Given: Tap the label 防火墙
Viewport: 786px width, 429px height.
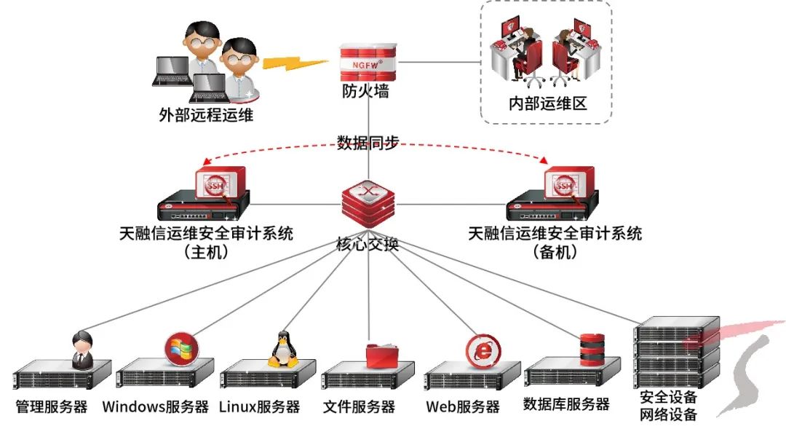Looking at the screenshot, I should click(x=365, y=91).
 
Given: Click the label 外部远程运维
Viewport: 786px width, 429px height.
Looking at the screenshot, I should click(x=207, y=114).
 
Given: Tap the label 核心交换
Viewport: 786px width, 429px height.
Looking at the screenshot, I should click(x=368, y=244).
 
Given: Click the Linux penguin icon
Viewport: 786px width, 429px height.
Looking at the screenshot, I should click(x=282, y=350).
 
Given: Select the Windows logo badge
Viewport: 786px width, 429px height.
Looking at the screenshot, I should click(x=179, y=348).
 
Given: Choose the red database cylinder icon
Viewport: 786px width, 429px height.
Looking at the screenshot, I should click(x=592, y=349).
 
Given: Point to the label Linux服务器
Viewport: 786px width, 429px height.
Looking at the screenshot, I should click(x=259, y=406).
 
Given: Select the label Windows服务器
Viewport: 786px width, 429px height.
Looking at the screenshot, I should click(x=156, y=406).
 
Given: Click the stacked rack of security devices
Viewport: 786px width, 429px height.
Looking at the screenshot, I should click(x=675, y=353).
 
